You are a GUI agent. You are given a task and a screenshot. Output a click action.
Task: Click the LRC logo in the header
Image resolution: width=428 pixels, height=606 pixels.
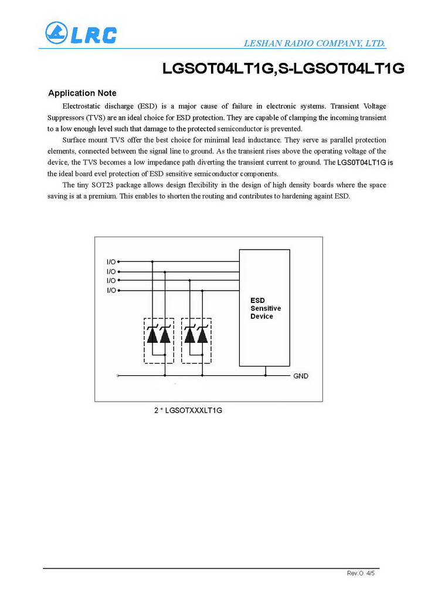coord(81,33)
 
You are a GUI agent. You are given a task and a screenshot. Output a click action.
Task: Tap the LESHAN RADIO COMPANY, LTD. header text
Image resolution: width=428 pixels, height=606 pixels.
coord(314,43)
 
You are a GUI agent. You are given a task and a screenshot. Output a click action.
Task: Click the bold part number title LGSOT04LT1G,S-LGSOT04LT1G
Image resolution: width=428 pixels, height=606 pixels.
coord(284,69)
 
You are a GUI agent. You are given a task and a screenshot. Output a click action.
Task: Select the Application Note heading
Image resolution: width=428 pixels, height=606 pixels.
coord(82,93)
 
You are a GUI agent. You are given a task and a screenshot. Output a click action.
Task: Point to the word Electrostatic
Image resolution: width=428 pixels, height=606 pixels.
coord(83,106)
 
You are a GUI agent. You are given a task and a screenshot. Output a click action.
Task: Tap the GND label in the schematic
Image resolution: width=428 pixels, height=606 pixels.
coord(300,376)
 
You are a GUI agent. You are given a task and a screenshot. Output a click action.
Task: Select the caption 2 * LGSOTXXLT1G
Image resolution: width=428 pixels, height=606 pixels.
coord(188,410)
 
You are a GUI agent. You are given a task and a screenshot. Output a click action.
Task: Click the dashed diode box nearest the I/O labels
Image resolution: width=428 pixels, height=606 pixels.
coord(158,340)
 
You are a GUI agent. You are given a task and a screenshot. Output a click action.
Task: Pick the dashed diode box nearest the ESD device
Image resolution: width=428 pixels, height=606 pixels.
coord(196,340)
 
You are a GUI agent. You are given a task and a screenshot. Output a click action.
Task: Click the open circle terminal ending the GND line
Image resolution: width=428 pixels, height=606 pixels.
coord(119,376)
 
